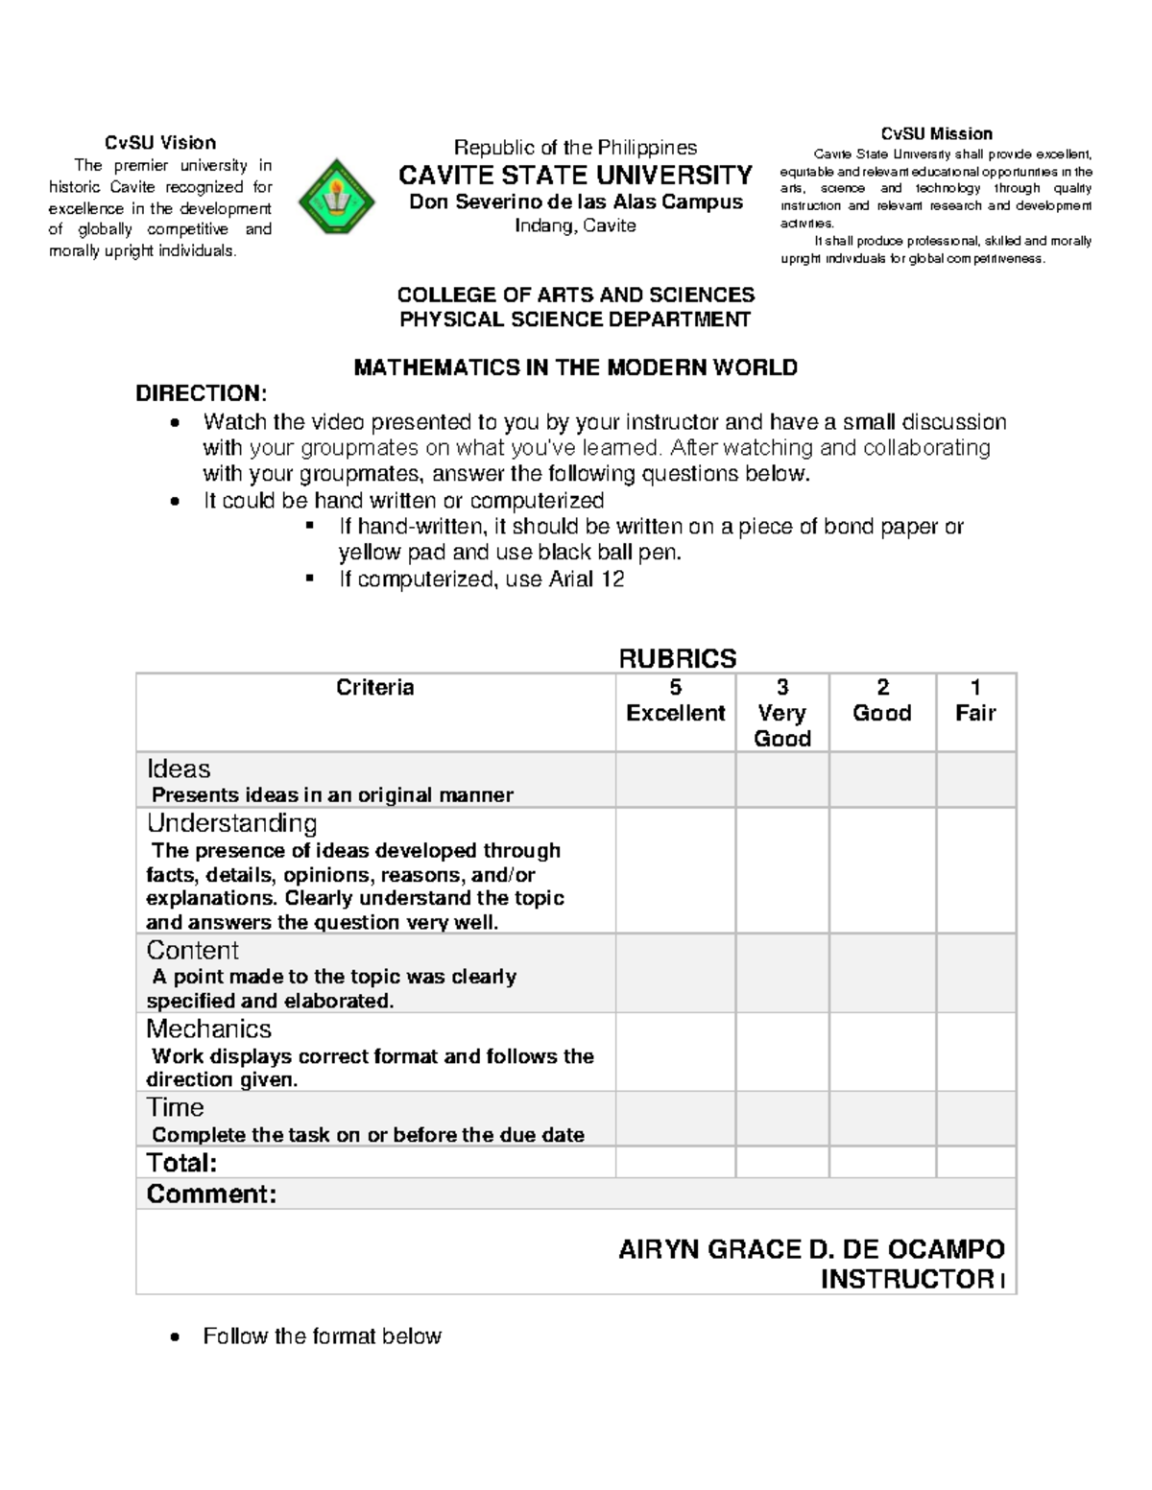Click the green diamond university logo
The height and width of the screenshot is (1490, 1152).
point(336,197)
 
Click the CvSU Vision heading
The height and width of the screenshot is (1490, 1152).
point(160,143)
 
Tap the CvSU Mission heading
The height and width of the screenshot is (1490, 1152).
point(936,133)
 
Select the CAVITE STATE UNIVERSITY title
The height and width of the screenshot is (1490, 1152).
point(575,175)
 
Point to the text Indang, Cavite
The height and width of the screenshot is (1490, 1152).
point(575,225)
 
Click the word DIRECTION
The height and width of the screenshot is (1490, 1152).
point(200,393)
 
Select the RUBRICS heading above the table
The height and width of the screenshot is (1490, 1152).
point(677,658)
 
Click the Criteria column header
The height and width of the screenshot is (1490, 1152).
point(374,688)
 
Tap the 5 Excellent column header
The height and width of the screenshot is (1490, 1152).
point(675,700)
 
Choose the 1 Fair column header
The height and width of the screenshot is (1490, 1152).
point(975,700)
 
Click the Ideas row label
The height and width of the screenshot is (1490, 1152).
point(179,769)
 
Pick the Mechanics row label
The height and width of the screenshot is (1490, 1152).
point(208,1029)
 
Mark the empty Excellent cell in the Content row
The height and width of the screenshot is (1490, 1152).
point(675,973)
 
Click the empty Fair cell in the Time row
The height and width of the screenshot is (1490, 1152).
point(975,1118)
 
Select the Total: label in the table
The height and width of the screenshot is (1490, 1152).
point(181,1163)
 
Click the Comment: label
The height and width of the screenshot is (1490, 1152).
point(211,1194)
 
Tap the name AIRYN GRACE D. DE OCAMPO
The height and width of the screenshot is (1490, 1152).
point(811,1249)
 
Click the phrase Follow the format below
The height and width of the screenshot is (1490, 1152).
point(322,1336)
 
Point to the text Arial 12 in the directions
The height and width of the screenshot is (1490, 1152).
point(586,579)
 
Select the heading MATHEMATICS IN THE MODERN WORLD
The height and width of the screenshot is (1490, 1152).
point(575,367)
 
